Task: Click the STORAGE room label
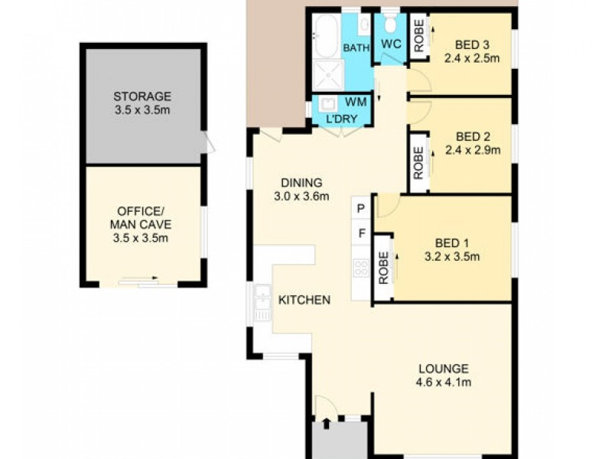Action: coord(142,97)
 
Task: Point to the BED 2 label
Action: coord(472,137)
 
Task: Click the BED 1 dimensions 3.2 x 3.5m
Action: coord(451,257)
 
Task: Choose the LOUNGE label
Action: coord(444,368)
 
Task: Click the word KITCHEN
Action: coord(304,300)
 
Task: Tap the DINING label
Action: coord(301,183)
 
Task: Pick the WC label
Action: coord(391,43)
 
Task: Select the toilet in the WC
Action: coord(390,21)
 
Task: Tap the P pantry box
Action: coord(361,208)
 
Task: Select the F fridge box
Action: coord(361,233)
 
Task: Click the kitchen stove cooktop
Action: coord(360,268)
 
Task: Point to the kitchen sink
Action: coord(262,301)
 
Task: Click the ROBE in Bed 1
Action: coord(383,265)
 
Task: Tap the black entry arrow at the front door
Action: coord(327,422)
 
